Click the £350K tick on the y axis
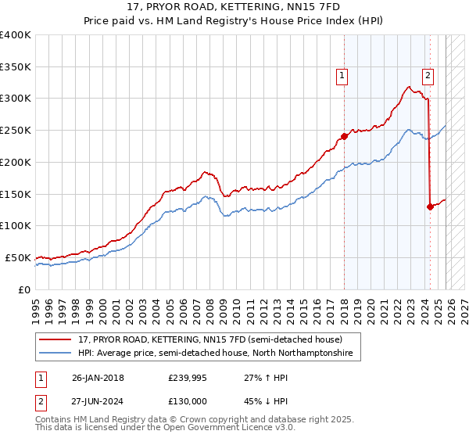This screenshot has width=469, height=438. pos(16,66)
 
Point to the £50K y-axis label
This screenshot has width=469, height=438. pos(18,257)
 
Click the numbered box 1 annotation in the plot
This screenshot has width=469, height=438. pos(342,76)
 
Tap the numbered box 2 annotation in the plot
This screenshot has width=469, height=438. pos(428,76)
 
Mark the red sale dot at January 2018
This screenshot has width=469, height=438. pos(344,137)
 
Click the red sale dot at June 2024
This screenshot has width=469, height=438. pos(430,206)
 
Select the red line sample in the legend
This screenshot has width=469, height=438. pos(57,339)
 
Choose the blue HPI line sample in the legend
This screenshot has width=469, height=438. pos(57,354)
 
